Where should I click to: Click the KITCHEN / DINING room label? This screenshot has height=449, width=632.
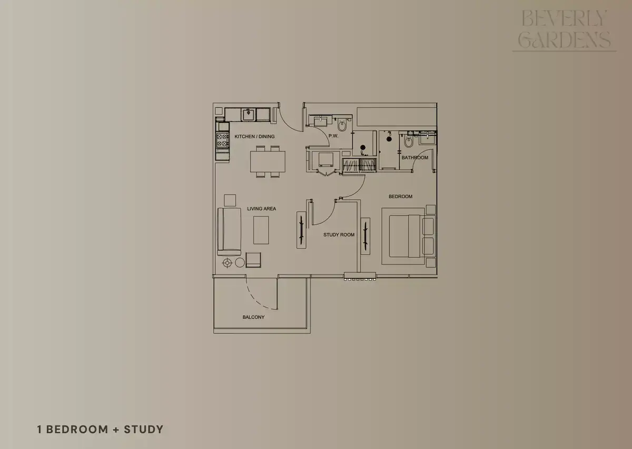click(254, 136)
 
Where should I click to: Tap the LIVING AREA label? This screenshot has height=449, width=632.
click(262, 209)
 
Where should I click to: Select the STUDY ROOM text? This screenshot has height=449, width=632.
click(339, 235)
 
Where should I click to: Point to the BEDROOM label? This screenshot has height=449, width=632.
click(400, 196)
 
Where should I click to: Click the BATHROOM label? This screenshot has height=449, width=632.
click(415, 158)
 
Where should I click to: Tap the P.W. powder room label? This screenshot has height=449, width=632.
click(333, 136)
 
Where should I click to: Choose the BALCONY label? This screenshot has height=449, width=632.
click(253, 317)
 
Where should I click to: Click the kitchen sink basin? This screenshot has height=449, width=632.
click(249, 115)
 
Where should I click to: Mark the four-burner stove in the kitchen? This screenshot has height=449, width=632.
click(222, 140)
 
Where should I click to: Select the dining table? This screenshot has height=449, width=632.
click(268, 162)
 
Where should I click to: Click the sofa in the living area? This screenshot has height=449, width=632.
click(229, 231)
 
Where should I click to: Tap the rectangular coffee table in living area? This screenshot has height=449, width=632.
click(261, 230)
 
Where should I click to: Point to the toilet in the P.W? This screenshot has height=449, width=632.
click(342, 125)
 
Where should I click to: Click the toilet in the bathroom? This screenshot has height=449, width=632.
click(408, 141)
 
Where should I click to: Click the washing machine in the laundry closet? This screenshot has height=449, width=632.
click(326, 160)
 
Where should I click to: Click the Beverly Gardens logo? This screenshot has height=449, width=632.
click(564, 30)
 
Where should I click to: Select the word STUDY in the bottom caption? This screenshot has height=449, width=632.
click(144, 430)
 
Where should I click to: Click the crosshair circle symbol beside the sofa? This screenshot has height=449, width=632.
click(227, 263)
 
